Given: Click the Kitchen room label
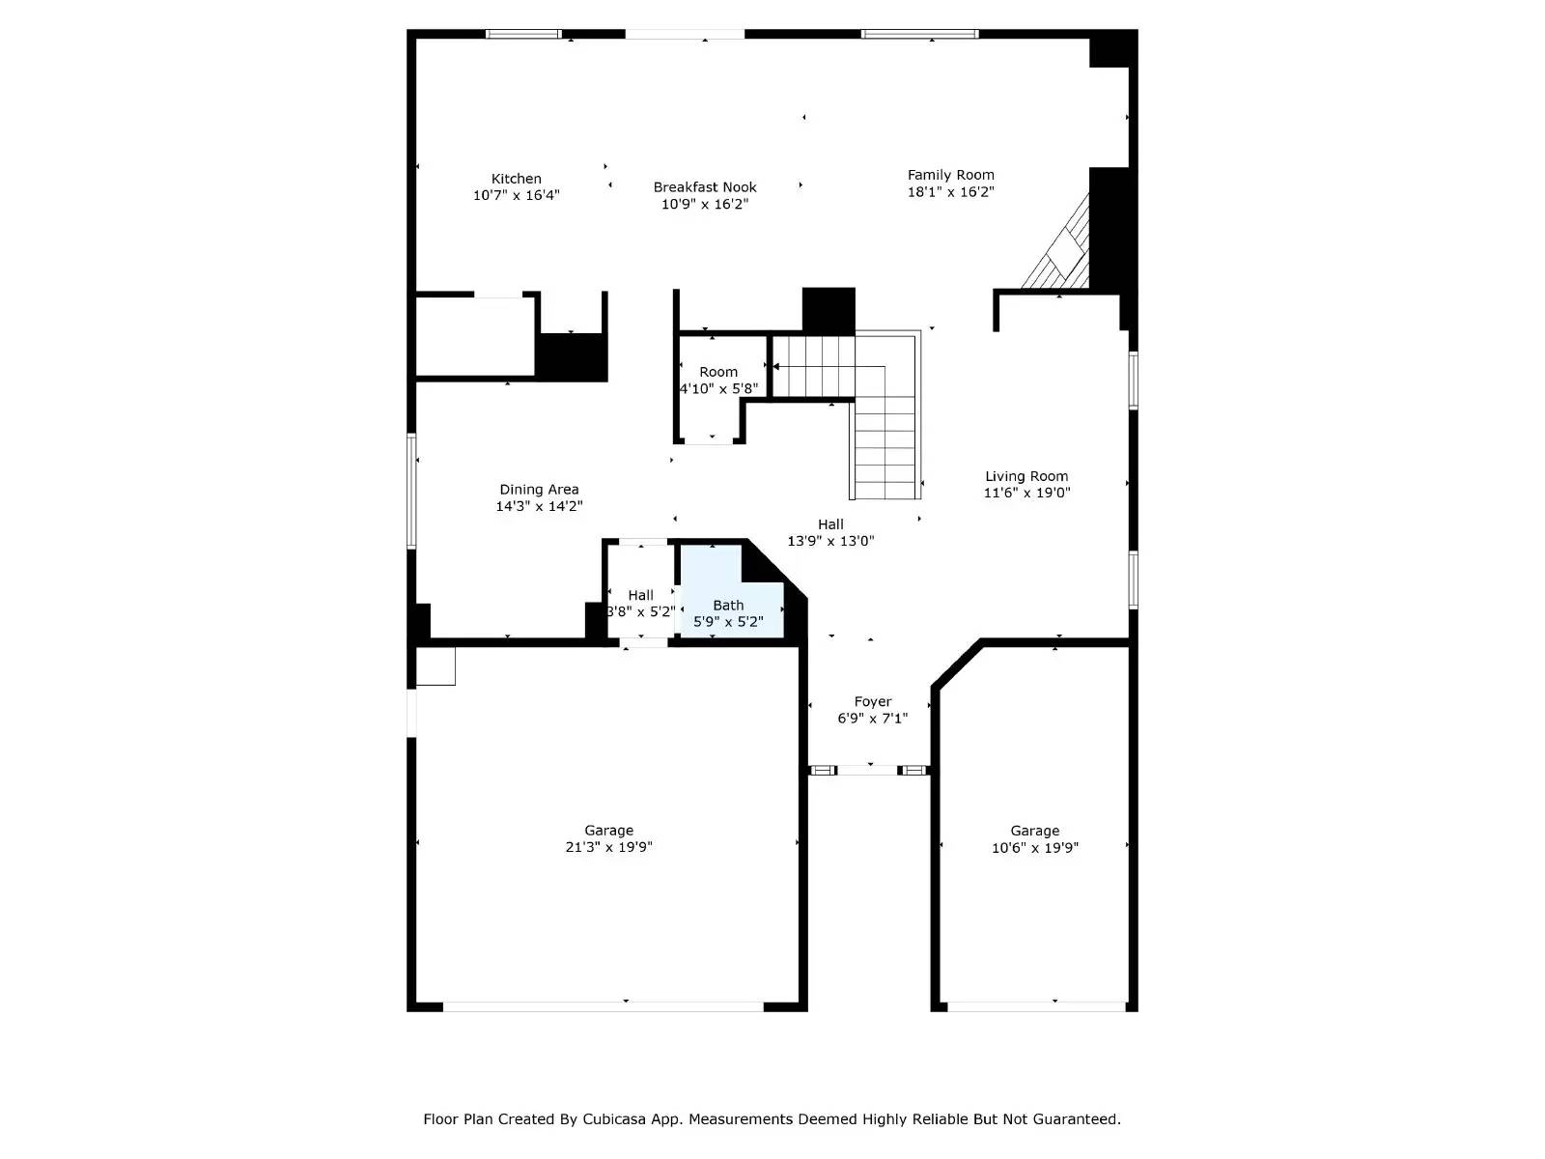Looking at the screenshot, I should (517, 179).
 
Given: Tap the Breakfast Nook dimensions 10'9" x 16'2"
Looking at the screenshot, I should (705, 204).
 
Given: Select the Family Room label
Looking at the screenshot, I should (950, 175).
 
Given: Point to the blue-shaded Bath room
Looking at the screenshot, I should (728, 604).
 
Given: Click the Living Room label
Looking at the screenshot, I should (1026, 476).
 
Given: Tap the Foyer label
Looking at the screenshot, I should (873, 702).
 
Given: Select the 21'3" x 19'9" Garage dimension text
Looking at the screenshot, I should (608, 847).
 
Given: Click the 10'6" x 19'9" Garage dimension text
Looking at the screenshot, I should (1034, 848).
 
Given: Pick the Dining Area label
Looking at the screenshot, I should (539, 490).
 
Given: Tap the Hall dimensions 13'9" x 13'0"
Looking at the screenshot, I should (830, 541).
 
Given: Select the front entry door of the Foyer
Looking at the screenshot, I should (869, 770).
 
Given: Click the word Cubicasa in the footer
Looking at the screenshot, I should (616, 1119).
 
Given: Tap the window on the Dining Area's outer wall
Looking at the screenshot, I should (411, 491).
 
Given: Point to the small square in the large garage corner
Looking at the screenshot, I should (435, 665).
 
